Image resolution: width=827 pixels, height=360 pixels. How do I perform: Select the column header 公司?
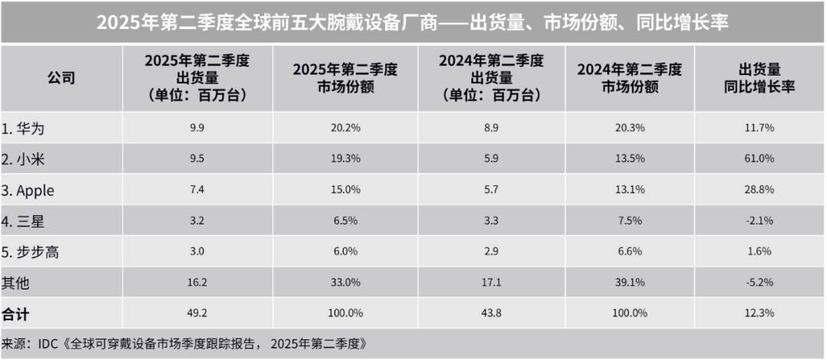pyautogui.click(x=61, y=78)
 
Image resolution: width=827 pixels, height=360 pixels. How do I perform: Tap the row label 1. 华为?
pyautogui.click(x=30, y=128)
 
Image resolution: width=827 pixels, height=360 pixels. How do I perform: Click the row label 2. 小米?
pyautogui.click(x=30, y=159)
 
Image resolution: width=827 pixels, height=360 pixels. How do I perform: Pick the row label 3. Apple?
pyautogui.click(x=34, y=190)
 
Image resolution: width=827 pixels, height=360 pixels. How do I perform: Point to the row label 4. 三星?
pyautogui.click(x=30, y=221)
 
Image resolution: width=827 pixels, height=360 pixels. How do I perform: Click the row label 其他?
pyautogui.click(x=18, y=283)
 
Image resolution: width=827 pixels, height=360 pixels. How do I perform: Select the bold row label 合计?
pyautogui.click(x=18, y=314)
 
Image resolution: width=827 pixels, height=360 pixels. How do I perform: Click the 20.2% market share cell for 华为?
pyautogui.click(x=345, y=128)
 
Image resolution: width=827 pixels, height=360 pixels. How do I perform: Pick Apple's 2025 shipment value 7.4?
pyautogui.click(x=196, y=190)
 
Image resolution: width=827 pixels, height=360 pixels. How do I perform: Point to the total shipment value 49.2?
pyautogui.click(x=196, y=314)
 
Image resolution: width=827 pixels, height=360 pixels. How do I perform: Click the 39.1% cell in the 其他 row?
pyautogui.click(x=629, y=283)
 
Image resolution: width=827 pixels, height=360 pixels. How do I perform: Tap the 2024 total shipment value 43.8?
pyautogui.click(x=490, y=314)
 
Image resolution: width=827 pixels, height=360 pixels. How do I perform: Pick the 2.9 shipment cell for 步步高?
pyautogui.click(x=490, y=252)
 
